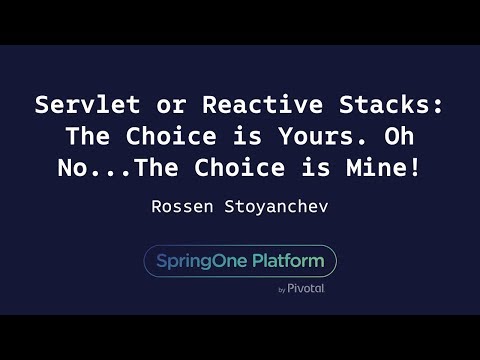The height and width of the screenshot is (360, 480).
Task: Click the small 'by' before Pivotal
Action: pos(282,290)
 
